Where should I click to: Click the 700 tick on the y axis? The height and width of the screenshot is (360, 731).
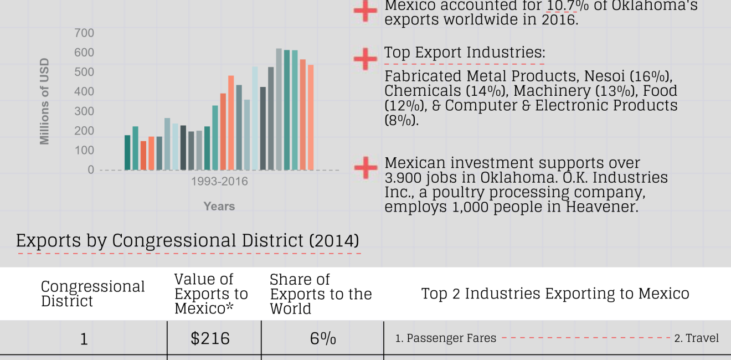pyautogui.click(x=84, y=33)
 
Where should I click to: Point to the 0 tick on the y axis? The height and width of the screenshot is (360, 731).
pyautogui.click(x=91, y=170)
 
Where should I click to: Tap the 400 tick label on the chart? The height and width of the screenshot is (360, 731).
pyautogui.click(x=84, y=92)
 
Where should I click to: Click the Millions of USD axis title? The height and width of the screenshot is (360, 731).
pyautogui.click(x=45, y=101)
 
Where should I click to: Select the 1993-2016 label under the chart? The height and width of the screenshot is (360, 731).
pyautogui.click(x=219, y=182)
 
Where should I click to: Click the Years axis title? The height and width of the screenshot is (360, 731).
pyautogui.click(x=219, y=206)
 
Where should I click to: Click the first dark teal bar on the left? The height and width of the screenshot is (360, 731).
pyautogui.click(x=127, y=152)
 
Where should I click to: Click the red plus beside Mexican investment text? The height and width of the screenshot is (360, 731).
pyautogui.click(x=365, y=167)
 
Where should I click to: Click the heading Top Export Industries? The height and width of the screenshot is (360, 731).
pyautogui.click(x=465, y=53)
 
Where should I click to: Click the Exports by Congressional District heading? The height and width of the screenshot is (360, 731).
pyautogui.click(x=187, y=241)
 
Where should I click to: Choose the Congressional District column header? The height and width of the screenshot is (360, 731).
pyautogui.click(x=92, y=294)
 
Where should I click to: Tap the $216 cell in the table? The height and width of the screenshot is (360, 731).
pyautogui.click(x=210, y=338)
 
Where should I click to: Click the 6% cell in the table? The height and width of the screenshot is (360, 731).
pyautogui.click(x=323, y=338)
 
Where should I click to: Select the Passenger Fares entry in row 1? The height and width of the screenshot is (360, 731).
pyautogui.click(x=446, y=338)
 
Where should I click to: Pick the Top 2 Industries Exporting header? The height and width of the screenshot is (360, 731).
pyautogui.click(x=555, y=294)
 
